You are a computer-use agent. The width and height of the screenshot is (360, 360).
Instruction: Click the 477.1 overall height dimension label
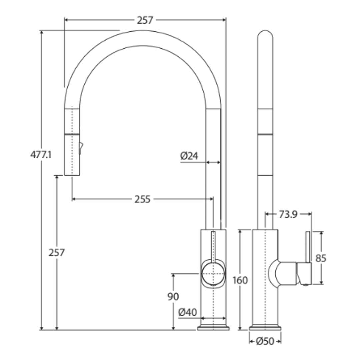[41, 155]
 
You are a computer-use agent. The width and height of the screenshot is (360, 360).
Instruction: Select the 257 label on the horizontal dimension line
[145, 20]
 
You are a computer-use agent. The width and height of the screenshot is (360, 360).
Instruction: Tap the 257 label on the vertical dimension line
[57, 253]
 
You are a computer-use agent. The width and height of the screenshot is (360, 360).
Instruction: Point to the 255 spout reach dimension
[143, 199]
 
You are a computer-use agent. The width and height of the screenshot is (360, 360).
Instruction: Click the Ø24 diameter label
[189, 156]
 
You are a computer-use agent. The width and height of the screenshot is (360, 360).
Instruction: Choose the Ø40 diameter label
[187, 312]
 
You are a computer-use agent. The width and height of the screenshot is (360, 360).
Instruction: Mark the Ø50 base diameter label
[265, 341]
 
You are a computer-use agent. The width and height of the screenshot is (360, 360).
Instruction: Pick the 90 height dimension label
[173, 296]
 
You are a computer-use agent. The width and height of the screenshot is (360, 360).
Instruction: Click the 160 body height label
[240, 280]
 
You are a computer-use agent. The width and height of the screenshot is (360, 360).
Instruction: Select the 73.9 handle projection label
[288, 215]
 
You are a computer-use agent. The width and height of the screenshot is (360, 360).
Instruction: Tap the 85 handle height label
[321, 258]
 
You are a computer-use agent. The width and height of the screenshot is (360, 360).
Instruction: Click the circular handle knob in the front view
[213, 274]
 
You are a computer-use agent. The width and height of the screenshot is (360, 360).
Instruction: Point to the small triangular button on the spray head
[81, 147]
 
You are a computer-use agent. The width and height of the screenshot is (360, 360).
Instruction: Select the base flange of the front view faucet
[213, 328]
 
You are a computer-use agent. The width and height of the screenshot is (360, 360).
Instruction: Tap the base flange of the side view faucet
[265, 328]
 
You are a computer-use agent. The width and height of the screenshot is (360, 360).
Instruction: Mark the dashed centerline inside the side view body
[265, 277]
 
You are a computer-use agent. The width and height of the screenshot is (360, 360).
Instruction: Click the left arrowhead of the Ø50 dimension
[251, 341]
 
